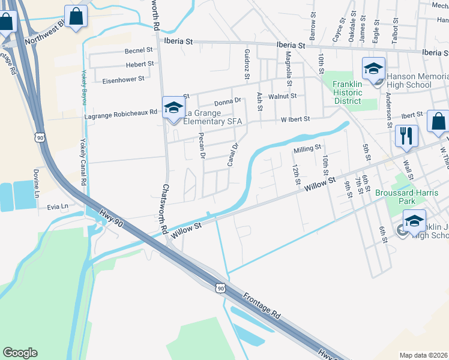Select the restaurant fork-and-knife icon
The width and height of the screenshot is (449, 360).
(x=406, y=137)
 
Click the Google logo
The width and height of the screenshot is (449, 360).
(x=20, y=353)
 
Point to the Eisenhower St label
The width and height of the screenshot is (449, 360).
(x=123, y=79)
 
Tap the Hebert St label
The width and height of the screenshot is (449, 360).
(x=140, y=64)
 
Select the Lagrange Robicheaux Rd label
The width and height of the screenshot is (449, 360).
(x=121, y=112)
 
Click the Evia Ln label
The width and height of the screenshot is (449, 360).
(x=58, y=206)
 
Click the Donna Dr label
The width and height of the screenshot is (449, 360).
(x=227, y=101)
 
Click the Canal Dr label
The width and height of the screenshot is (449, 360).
(x=233, y=154)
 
